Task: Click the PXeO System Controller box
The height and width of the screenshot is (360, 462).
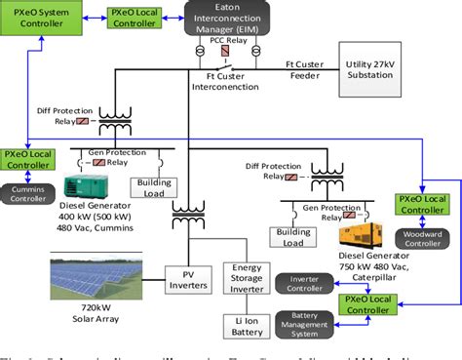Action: pyautogui.click(x=41, y=17)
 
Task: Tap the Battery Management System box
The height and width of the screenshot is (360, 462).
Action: pyautogui.click(x=304, y=322)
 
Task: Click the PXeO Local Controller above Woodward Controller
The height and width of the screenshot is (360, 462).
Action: pyautogui.click(x=423, y=204)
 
